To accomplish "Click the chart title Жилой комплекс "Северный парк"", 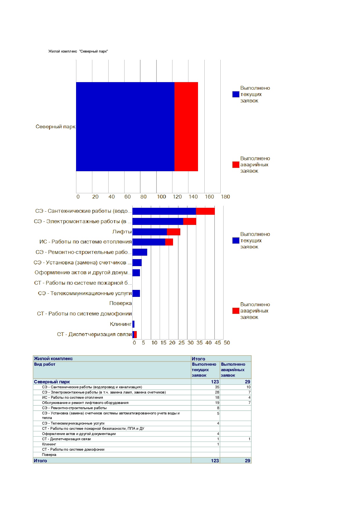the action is (x=78, y=51).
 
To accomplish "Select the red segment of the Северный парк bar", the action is (x=186, y=127).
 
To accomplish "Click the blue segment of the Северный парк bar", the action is (x=125, y=127).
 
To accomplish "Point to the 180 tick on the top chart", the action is (x=225, y=197).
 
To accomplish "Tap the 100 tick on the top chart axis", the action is (x=161, y=197).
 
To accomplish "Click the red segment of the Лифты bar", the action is (x=174, y=232).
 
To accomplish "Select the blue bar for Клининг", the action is (x=134, y=324).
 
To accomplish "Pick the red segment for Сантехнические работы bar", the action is (x=205, y=211).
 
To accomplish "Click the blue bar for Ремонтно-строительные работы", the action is (x=140, y=252).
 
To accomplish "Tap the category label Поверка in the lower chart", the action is (x=120, y=303).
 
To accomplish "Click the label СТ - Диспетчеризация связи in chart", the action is (x=94, y=334).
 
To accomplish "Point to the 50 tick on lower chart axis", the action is (x=227, y=343).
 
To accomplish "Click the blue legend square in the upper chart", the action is (x=236, y=94).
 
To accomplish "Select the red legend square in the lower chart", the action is (x=236, y=311).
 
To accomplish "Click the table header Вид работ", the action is (x=45, y=364).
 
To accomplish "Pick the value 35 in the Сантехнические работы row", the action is (x=217, y=387).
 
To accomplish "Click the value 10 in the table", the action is (x=249, y=387).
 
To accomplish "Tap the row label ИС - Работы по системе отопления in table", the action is (x=73, y=398).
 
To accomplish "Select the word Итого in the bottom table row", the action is (x=40, y=461).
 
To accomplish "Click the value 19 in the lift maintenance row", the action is (x=217, y=403).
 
